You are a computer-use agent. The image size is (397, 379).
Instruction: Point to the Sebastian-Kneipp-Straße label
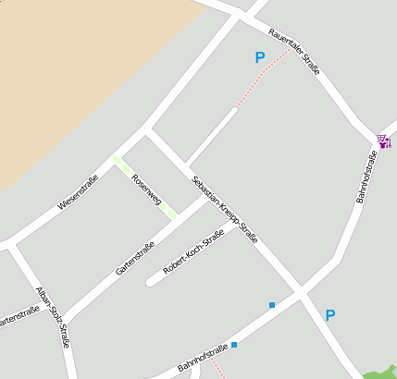(224, 209)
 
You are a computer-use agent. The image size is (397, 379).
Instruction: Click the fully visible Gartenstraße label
(135, 258)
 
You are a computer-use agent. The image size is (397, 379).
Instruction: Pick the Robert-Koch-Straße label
(193, 251)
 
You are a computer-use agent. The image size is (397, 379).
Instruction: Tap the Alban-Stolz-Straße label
(53, 316)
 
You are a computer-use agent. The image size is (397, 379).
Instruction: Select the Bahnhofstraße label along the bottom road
(203, 357)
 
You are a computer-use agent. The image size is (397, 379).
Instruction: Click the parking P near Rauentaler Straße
(260, 58)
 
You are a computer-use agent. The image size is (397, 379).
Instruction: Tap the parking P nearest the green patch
(329, 316)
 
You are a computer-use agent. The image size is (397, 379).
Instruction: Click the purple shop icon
(383, 141)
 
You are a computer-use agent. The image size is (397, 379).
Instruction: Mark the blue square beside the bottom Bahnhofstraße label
(234, 345)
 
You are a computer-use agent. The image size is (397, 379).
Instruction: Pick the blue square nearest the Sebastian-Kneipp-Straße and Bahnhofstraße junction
(272, 305)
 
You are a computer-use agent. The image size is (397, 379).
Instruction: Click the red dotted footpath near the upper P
(264, 79)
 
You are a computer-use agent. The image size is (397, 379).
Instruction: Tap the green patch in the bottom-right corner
(381, 373)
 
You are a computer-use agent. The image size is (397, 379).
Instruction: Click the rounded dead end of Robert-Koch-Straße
(150, 281)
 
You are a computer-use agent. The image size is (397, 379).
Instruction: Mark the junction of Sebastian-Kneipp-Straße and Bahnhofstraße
(300, 294)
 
